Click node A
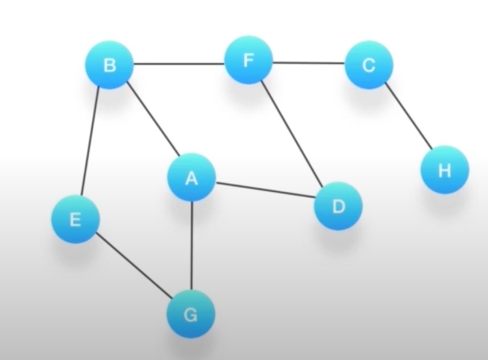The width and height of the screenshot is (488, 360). click(x=191, y=178)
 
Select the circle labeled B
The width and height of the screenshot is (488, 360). click(x=109, y=65)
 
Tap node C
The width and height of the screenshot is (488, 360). click(x=369, y=65)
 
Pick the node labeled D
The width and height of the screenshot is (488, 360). click(x=338, y=206)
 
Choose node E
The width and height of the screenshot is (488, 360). click(x=75, y=220)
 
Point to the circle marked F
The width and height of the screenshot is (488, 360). click(x=249, y=60)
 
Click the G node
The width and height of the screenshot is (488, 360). click(x=191, y=314)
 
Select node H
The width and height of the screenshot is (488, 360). click(x=445, y=170)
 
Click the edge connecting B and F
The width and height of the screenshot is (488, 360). click(x=179, y=63)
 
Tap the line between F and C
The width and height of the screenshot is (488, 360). click(x=308, y=63)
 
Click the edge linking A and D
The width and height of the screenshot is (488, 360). click(x=264, y=191)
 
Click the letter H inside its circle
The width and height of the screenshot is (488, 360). click(x=445, y=170)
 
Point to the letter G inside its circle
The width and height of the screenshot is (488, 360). click(x=191, y=314)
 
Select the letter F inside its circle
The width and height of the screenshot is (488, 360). click(x=249, y=60)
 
